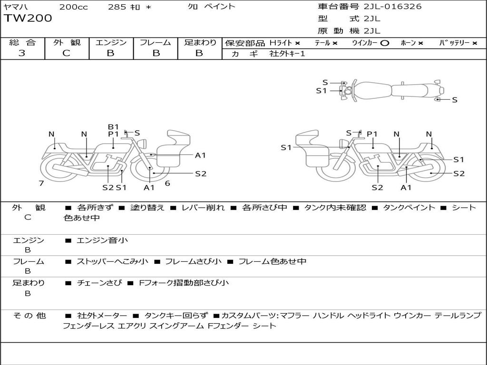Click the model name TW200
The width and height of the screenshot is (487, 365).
[x=28, y=19]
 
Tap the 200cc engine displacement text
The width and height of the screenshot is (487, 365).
[x=74, y=7]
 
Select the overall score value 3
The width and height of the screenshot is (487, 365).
[x=22, y=53]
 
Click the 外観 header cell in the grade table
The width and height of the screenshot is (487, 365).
[x=67, y=42]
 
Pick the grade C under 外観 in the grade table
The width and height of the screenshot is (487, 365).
[x=66, y=53]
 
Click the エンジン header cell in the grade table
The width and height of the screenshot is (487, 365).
[x=111, y=42]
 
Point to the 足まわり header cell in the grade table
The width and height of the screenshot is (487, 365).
[x=200, y=42]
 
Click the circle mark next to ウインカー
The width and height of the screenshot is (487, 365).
[x=385, y=43]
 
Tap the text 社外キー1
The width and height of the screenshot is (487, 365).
[x=287, y=54]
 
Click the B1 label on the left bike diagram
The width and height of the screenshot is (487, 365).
[x=113, y=127]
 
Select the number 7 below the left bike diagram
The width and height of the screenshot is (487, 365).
[x=41, y=183]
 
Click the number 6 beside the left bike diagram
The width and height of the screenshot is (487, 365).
[x=167, y=183]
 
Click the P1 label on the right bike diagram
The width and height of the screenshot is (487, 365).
[x=372, y=134]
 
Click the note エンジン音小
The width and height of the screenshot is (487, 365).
[x=102, y=240]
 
